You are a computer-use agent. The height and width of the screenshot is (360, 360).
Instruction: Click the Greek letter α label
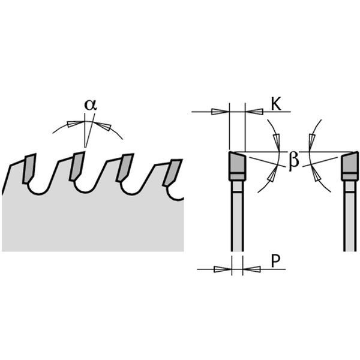[x=91, y=104]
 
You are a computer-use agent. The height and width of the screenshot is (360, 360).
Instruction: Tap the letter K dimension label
[x=276, y=104]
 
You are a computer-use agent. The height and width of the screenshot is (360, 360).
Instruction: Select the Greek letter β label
[x=293, y=161]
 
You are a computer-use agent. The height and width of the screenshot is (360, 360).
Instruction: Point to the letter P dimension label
[x=275, y=261]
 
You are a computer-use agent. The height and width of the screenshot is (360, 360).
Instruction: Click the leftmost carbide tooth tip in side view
[x=29, y=169]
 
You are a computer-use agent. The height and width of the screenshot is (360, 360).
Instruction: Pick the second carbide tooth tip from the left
[x=77, y=166]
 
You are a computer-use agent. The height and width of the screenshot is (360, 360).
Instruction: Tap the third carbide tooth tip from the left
[x=125, y=167]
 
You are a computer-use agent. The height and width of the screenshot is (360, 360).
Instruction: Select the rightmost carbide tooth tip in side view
[x=172, y=172]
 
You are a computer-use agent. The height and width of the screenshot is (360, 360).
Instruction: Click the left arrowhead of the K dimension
[x=220, y=112]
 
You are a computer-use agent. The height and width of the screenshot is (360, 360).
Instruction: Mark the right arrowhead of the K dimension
[x=254, y=112]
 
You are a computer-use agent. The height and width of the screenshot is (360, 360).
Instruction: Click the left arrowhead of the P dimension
[x=223, y=269]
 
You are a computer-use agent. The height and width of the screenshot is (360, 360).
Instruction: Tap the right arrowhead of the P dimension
[x=251, y=269]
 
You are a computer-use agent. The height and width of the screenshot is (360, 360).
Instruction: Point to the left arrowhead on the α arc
[x=76, y=124]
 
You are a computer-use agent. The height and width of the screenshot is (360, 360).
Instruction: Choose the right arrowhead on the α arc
[x=103, y=126]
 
